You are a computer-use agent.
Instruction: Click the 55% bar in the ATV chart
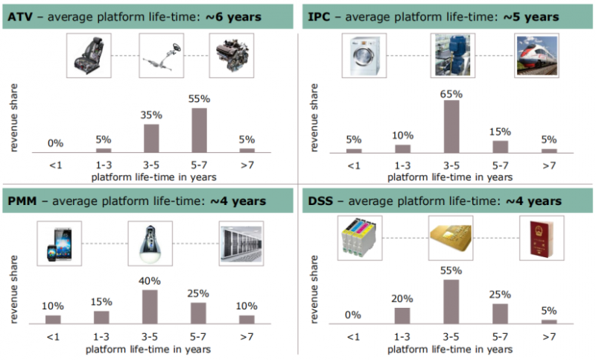click(199, 130)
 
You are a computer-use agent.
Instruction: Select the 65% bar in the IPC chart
click(451, 126)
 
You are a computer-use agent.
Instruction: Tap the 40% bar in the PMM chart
click(150, 306)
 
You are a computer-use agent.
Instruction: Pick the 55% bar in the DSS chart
click(451, 301)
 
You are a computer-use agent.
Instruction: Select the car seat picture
click(89, 54)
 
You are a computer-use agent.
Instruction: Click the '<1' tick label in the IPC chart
click(354, 164)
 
